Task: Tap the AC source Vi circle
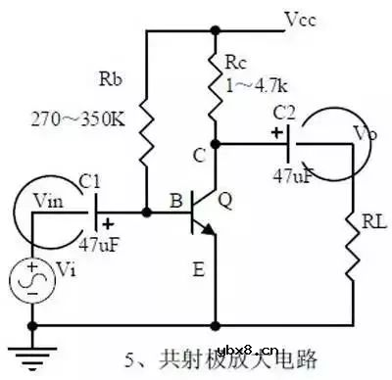tap(32, 280)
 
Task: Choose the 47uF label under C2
tap(290, 177)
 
